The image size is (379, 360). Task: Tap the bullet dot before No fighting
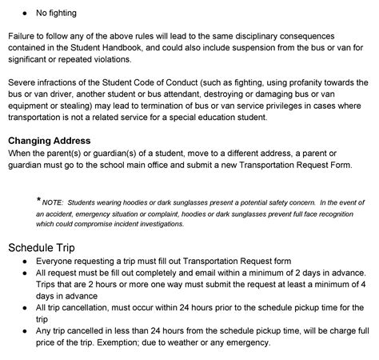click(26, 14)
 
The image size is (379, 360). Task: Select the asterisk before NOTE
click(38, 199)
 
